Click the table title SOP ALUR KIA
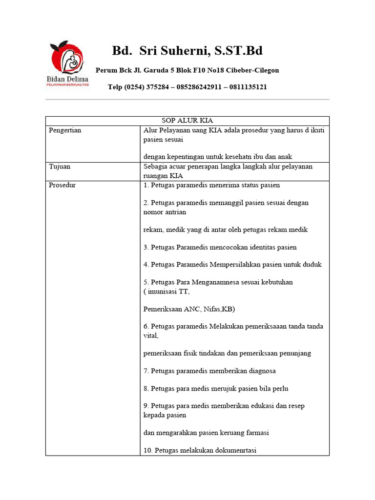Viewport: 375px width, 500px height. (187, 121)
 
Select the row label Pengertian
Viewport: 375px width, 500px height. (65, 130)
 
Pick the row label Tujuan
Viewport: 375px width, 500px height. (60, 167)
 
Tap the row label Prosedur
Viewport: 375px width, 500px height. (62, 185)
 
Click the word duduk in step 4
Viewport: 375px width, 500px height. (312, 265)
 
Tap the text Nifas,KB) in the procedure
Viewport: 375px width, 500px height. (218, 309)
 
